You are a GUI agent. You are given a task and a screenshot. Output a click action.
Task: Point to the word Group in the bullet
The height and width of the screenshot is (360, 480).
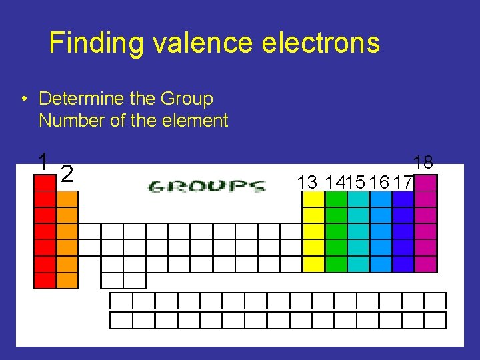pyautogui.click(x=187, y=99)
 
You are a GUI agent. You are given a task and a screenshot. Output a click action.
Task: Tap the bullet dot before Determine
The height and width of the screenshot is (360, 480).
pyautogui.click(x=23, y=99)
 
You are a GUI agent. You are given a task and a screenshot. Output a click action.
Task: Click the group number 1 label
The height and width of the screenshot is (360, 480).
pyautogui.click(x=43, y=161)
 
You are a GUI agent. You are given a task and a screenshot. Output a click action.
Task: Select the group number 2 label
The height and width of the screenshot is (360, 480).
pyautogui.click(x=66, y=174)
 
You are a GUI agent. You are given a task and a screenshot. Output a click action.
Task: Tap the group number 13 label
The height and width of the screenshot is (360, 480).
pyautogui.click(x=307, y=182)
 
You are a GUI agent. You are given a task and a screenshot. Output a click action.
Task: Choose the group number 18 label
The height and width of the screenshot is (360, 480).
pyautogui.click(x=423, y=162)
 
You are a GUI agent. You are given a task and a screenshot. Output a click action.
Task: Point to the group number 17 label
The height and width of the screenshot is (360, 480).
pyautogui.click(x=403, y=182)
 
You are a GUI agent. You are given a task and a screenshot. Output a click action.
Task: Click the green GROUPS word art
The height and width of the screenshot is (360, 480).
pyautogui.click(x=206, y=185)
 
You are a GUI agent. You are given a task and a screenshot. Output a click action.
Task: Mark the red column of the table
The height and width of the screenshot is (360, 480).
pyautogui.click(x=45, y=233)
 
